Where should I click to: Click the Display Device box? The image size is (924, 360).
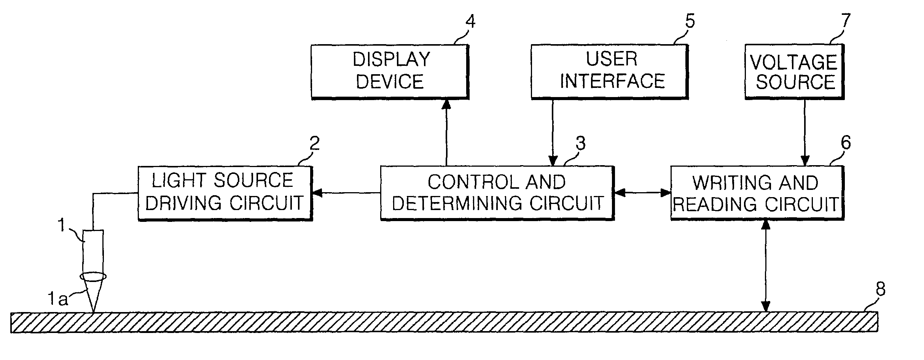[x=390, y=72]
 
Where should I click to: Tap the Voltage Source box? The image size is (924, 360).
[x=794, y=72]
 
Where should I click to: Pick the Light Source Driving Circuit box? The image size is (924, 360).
[x=225, y=193]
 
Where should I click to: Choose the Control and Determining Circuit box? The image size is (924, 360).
[x=497, y=193]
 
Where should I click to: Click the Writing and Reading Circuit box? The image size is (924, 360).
[x=757, y=193]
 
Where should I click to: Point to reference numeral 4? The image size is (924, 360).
[x=471, y=22]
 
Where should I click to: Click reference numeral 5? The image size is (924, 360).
[x=690, y=22]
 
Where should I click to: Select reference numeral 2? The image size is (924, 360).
[x=314, y=144]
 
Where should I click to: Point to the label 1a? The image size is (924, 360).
[x=57, y=299]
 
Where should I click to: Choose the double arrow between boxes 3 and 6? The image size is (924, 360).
[x=642, y=193]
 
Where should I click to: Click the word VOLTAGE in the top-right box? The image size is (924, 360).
[x=794, y=62]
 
